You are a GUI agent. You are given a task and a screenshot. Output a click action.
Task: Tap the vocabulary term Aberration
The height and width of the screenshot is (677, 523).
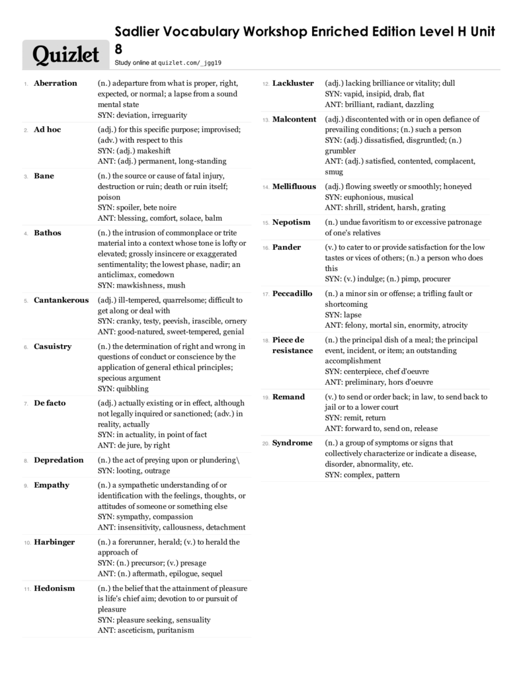[x=56, y=83]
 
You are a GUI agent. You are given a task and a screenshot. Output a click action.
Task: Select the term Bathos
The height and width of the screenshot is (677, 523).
[x=48, y=233]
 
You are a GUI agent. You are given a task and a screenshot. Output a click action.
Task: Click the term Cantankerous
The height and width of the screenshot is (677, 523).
[x=61, y=300]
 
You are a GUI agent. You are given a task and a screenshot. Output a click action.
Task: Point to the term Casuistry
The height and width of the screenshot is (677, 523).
[x=52, y=346]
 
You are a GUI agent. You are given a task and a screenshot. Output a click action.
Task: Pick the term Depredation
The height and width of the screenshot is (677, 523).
[x=59, y=460]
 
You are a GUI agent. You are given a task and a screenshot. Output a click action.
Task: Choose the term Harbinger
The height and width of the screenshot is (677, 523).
[x=54, y=542]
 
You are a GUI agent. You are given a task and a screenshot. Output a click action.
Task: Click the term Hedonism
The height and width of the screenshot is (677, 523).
[x=54, y=588]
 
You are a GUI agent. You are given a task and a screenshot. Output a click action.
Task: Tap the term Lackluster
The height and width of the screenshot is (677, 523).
[x=293, y=83]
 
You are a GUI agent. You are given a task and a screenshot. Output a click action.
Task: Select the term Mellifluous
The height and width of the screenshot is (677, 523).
[x=294, y=186]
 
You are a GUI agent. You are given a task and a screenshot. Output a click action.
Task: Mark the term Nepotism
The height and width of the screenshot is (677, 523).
[x=291, y=222]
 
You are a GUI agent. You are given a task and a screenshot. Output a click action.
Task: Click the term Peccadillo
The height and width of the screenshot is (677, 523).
[x=292, y=294]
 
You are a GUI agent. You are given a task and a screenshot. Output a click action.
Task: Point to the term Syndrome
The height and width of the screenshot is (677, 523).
[x=292, y=443]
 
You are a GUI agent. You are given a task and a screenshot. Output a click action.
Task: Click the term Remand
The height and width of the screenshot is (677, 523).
[x=288, y=397]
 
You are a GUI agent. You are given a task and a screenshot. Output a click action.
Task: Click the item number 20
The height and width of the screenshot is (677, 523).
[x=265, y=444]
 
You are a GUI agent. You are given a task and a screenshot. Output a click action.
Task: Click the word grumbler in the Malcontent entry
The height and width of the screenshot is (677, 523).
[x=341, y=151]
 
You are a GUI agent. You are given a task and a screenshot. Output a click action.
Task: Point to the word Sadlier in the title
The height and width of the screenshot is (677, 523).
[x=139, y=32]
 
